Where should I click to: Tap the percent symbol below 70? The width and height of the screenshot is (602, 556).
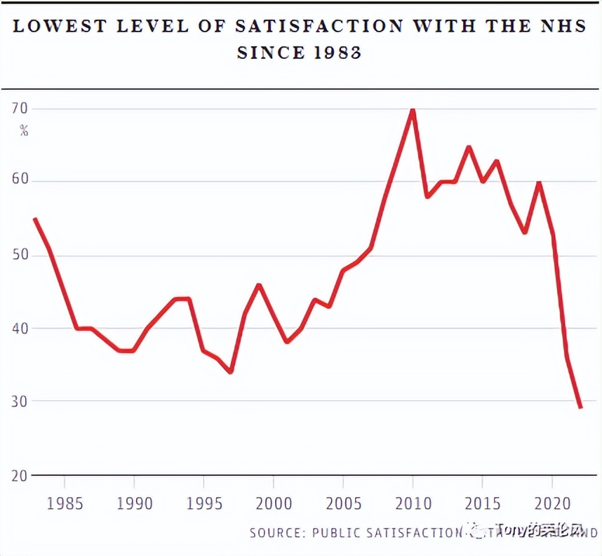24,130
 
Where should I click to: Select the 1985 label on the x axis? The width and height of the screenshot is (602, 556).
64,504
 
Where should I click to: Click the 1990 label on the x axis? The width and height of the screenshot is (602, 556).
134,504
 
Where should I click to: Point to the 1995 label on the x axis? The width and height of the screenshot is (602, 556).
203,504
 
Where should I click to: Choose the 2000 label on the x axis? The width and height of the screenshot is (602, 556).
273,504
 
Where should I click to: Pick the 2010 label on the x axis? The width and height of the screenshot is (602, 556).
413,504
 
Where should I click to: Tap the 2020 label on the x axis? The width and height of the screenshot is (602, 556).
552,504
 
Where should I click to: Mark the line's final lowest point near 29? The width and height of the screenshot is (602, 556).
580,407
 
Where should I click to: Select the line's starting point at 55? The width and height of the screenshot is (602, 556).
35,219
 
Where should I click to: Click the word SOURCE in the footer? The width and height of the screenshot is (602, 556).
274,533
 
